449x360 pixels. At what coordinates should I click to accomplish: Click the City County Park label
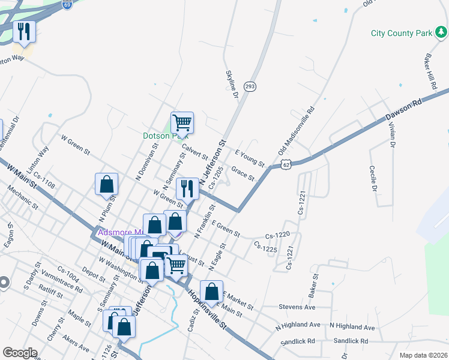tap(401, 33)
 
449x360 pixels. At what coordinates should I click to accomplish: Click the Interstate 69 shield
tap(67, 4)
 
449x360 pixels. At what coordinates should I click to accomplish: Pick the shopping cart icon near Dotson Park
tap(182, 122)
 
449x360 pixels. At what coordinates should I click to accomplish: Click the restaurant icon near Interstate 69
tap(24, 32)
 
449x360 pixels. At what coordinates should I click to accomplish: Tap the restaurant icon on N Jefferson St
tap(187, 188)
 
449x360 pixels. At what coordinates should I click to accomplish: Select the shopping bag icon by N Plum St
tap(106, 184)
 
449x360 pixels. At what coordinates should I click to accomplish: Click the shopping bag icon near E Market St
tap(211, 291)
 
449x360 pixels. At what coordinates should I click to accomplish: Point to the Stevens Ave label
tap(297, 307)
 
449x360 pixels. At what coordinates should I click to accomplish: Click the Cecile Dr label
tap(373, 179)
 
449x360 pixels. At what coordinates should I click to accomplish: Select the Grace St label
tap(244, 173)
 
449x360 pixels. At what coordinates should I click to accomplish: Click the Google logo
tap(20, 353)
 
